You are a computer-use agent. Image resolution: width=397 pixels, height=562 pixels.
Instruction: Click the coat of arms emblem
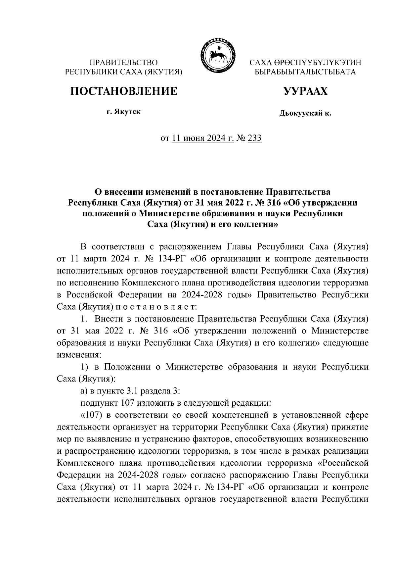coord(217,56)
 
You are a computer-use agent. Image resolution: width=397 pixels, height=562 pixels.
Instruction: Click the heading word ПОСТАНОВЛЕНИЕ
coord(123,91)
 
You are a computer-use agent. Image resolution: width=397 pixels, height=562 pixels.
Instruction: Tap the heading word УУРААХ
coord(305,91)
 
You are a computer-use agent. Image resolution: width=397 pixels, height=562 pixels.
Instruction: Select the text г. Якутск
coord(123,112)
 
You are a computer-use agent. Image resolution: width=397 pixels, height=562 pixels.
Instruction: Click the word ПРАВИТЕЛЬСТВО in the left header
coord(124,63)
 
